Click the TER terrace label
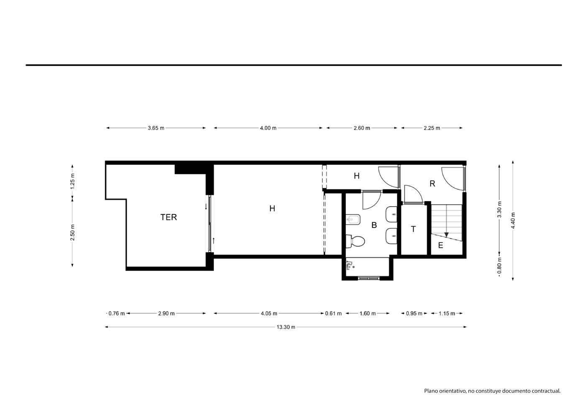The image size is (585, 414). (169, 217)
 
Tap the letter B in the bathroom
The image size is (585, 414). (374, 225)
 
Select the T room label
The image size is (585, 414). (413, 229)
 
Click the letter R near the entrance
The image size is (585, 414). (432, 184)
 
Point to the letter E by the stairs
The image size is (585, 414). (441, 245)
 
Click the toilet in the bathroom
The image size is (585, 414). (355, 241)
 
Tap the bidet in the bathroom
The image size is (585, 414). (353, 220)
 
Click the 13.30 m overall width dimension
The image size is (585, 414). (286, 327)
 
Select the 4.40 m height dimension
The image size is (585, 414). (513, 220)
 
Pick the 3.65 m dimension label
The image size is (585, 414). (156, 128)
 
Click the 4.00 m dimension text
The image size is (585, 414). (268, 128)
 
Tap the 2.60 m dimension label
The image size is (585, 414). (362, 128)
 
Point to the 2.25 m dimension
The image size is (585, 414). (432, 128)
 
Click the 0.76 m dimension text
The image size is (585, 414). (117, 313)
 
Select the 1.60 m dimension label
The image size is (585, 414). (368, 313)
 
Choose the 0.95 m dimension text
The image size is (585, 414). (414, 313)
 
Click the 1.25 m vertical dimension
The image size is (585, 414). (73, 181)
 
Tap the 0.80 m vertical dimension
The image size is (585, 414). (499, 266)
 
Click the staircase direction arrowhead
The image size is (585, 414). (446, 235)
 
